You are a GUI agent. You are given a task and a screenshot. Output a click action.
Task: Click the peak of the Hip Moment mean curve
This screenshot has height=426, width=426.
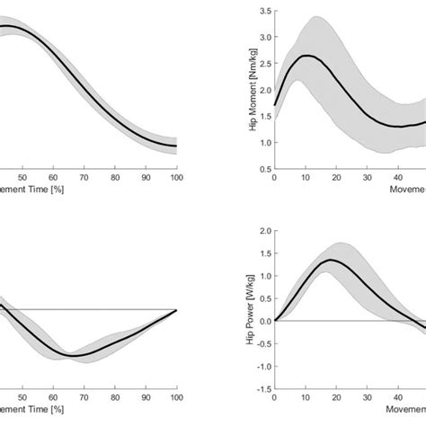[x=306, y=56]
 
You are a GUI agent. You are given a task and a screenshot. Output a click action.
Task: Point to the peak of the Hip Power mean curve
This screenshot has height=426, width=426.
[x=331, y=260]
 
